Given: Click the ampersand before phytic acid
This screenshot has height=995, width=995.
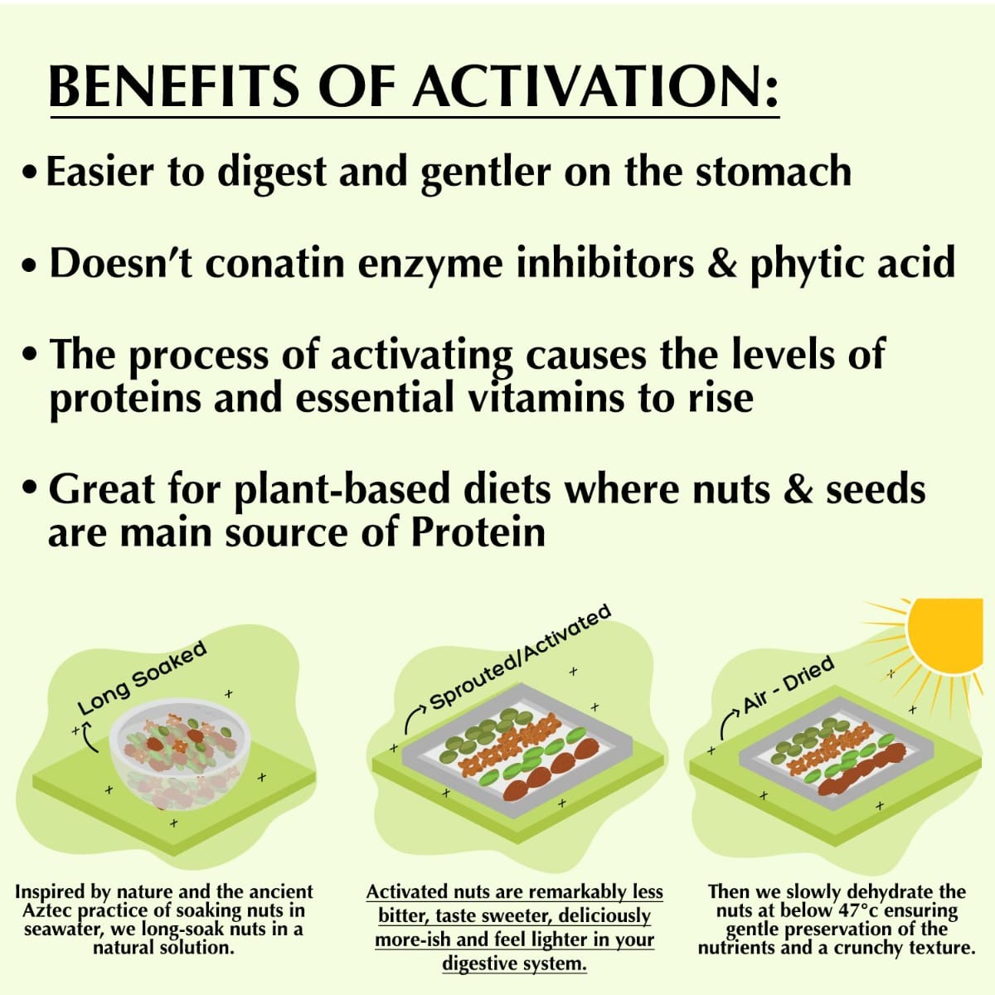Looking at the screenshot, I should [721, 263].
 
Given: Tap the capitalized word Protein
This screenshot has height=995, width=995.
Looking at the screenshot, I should [478, 531].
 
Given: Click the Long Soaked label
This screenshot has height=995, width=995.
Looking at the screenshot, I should [142, 678].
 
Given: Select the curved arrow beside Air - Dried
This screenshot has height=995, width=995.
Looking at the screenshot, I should [729, 721].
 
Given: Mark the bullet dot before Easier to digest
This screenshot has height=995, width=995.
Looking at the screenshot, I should [31, 173].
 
